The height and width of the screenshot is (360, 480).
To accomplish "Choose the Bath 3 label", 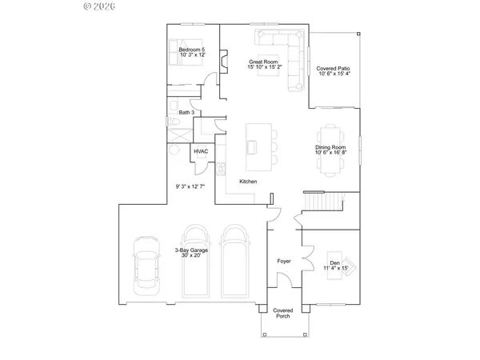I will [186, 112].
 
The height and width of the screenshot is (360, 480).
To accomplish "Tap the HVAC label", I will [201, 151].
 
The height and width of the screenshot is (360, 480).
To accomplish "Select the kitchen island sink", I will [253, 146].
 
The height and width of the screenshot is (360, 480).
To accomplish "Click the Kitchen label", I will [248, 182].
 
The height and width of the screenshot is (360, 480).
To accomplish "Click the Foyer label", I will [283, 261].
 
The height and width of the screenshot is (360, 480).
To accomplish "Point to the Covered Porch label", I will [282, 313].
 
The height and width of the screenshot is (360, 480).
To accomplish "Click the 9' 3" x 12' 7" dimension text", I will [190, 186].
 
